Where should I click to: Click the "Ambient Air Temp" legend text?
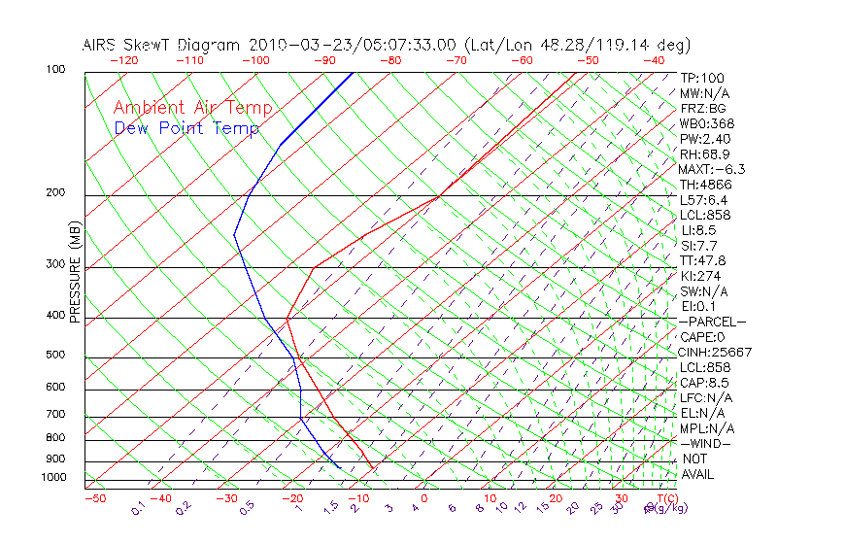[192, 108]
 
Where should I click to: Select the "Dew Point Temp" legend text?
[186, 128]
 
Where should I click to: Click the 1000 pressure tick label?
[54, 478]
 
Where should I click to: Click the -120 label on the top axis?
[123, 60]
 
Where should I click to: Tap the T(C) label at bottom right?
[666, 498]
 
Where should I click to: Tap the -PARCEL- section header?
[712, 322]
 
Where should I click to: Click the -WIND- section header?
[705, 443]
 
